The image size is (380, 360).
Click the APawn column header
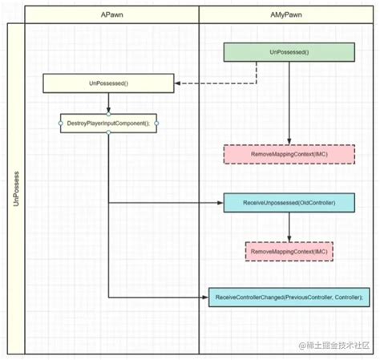[x=111, y=15]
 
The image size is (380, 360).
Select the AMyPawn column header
[x=288, y=15]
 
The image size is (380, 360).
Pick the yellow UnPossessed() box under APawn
[x=107, y=83]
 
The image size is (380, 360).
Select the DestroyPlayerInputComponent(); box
[x=107, y=123]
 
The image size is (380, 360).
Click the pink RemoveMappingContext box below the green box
[x=289, y=153]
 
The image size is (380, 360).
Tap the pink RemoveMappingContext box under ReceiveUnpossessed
[x=289, y=251]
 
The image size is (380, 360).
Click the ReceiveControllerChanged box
[x=289, y=297]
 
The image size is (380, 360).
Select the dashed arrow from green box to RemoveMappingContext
[x=289, y=104]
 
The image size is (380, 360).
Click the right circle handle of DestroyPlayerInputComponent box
[x=157, y=123]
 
